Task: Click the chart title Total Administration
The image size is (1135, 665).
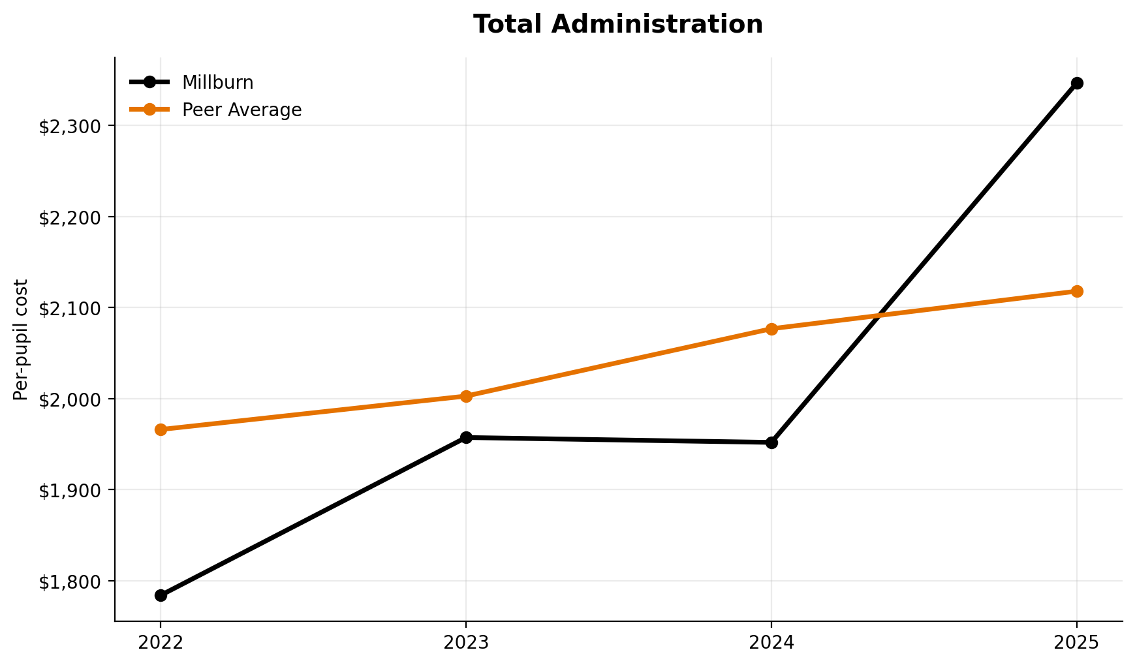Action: pos(617,25)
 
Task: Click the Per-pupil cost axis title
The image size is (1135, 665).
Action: pos(21,339)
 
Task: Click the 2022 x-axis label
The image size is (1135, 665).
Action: pos(161,643)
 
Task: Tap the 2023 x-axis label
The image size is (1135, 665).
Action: pos(466,643)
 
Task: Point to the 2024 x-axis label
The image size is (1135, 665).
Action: pos(771,643)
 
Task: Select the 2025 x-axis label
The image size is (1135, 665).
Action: pos(1077,643)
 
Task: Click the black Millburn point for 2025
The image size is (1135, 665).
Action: pos(1077,83)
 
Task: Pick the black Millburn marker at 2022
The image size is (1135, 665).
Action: pos(161,595)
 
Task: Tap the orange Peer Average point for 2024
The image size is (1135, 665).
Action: pos(771,329)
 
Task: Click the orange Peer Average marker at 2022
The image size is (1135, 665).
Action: pos(161,429)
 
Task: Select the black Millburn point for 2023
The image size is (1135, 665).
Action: pos(466,437)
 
